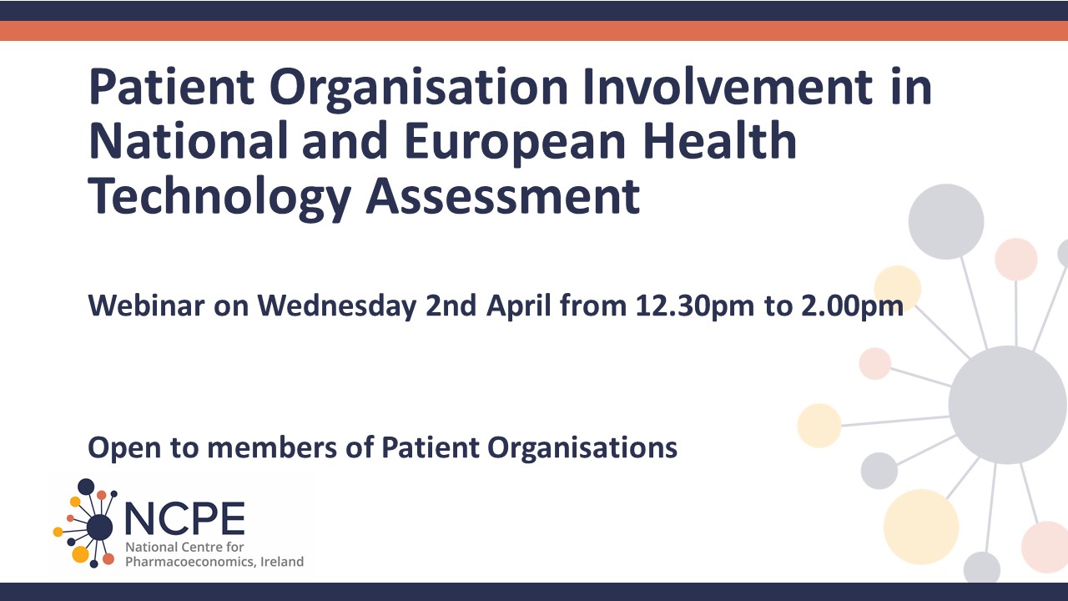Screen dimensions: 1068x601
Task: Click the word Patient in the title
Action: coord(171,87)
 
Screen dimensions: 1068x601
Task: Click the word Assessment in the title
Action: coord(503,196)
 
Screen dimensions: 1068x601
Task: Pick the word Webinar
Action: coord(146,306)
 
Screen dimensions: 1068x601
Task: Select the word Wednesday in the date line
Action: coord(337,306)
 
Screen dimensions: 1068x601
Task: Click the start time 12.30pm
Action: coord(695,306)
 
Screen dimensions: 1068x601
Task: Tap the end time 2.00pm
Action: coord(852,306)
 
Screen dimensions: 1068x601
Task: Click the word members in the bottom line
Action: coord(272,447)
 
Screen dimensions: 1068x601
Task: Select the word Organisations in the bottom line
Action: coord(582,448)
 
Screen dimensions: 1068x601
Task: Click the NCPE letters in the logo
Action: coord(184,518)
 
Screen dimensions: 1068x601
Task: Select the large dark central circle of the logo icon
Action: coord(99,527)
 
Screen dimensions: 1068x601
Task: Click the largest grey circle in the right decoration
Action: coord(1007,405)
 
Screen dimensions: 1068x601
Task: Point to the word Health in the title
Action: coord(720,141)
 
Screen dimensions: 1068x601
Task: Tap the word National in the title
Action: coord(189,141)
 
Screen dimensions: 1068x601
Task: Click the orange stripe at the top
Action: coord(534,31)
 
